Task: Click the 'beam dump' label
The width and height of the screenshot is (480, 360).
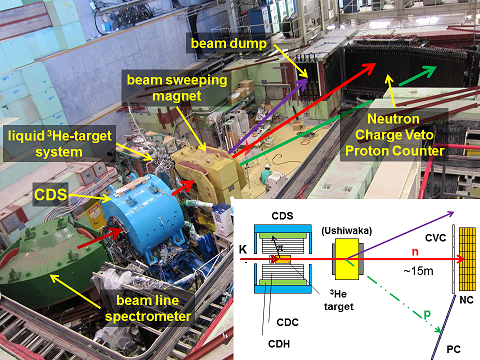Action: pyautogui.click(x=229, y=44)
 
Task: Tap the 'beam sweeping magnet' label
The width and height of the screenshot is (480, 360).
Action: pyautogui.click(x=177, y=88)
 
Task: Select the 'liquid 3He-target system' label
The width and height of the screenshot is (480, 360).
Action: pyautogui.click(x=59, y=144)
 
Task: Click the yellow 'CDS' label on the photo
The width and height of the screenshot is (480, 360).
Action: pyautogui.click(x=50, y=194)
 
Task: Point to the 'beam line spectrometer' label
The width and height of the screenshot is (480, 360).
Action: pyautogui.click(x=148, y=308)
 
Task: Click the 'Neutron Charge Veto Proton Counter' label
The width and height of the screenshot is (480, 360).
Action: pyautogui.click(x=395, y=135)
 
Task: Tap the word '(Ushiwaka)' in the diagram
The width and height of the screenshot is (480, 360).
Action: pyautogui.click(x=347, y=231)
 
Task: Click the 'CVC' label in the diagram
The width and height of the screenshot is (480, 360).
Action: pyautogui.click(x=435, y=238)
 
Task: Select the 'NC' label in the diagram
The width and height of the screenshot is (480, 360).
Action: pyautogui.click(x=466, y=300)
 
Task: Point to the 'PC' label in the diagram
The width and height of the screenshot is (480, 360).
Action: pyautogui.click(x=453, y=349)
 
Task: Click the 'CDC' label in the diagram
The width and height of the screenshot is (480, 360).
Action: pyautogui.click(x=287, y=322)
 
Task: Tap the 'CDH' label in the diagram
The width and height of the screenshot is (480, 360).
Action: pyautogui.click(x=279, y=344)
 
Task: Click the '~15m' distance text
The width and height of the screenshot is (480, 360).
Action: pyautogui.click(x=419, y=271)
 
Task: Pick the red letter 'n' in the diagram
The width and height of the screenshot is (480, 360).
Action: pyautogui.click(x=415, y=252)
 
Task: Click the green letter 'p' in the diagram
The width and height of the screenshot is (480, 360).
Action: pyautogui.click(x=427, y=314)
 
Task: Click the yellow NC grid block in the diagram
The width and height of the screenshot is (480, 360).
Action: pyautogui.click(x=467, y=259)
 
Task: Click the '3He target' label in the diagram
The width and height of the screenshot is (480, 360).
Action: pyautogui.click(x=338, y=300)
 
